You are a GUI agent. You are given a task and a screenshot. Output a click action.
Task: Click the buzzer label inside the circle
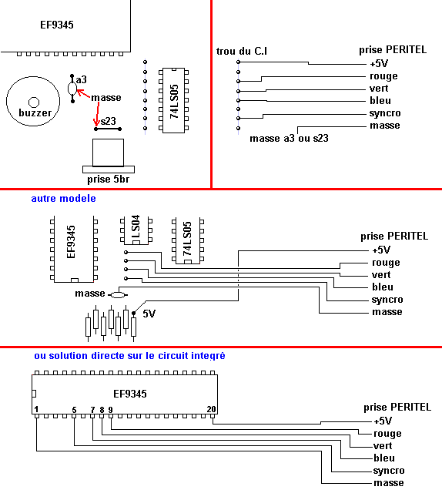[35, 113]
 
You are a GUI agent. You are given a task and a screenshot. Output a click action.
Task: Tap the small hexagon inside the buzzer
[34, 102]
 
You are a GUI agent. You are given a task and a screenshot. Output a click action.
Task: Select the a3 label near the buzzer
[82, 79]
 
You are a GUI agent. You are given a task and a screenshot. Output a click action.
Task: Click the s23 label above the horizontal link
[109, 121]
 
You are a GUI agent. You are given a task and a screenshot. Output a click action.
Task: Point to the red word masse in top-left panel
[106, 98]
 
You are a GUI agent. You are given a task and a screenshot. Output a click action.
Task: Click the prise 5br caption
[109, 180]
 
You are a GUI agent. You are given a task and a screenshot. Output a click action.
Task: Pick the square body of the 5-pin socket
[108, 153]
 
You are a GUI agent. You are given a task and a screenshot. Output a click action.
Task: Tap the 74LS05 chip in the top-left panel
[174, 100]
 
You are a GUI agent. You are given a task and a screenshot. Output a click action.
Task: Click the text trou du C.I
[242, 52]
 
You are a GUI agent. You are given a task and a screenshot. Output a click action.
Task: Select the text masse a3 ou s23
[289, 139]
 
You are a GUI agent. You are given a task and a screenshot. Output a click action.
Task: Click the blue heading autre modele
[63, 198]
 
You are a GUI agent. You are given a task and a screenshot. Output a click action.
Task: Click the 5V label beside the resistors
[149, 314]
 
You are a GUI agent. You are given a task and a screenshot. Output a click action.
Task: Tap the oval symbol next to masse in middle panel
[118, 295]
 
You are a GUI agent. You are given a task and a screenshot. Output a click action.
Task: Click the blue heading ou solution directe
[129, 356]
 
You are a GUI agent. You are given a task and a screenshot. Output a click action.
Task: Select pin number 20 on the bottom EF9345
[211, 409]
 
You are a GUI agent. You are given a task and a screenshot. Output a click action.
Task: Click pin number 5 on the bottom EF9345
[74, 410]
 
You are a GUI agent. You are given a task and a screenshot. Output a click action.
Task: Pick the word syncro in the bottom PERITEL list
[389, 471]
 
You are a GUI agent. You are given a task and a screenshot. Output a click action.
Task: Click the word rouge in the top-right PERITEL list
[383, 76]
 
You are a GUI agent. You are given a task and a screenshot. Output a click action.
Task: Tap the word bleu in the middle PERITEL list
[383, 287]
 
